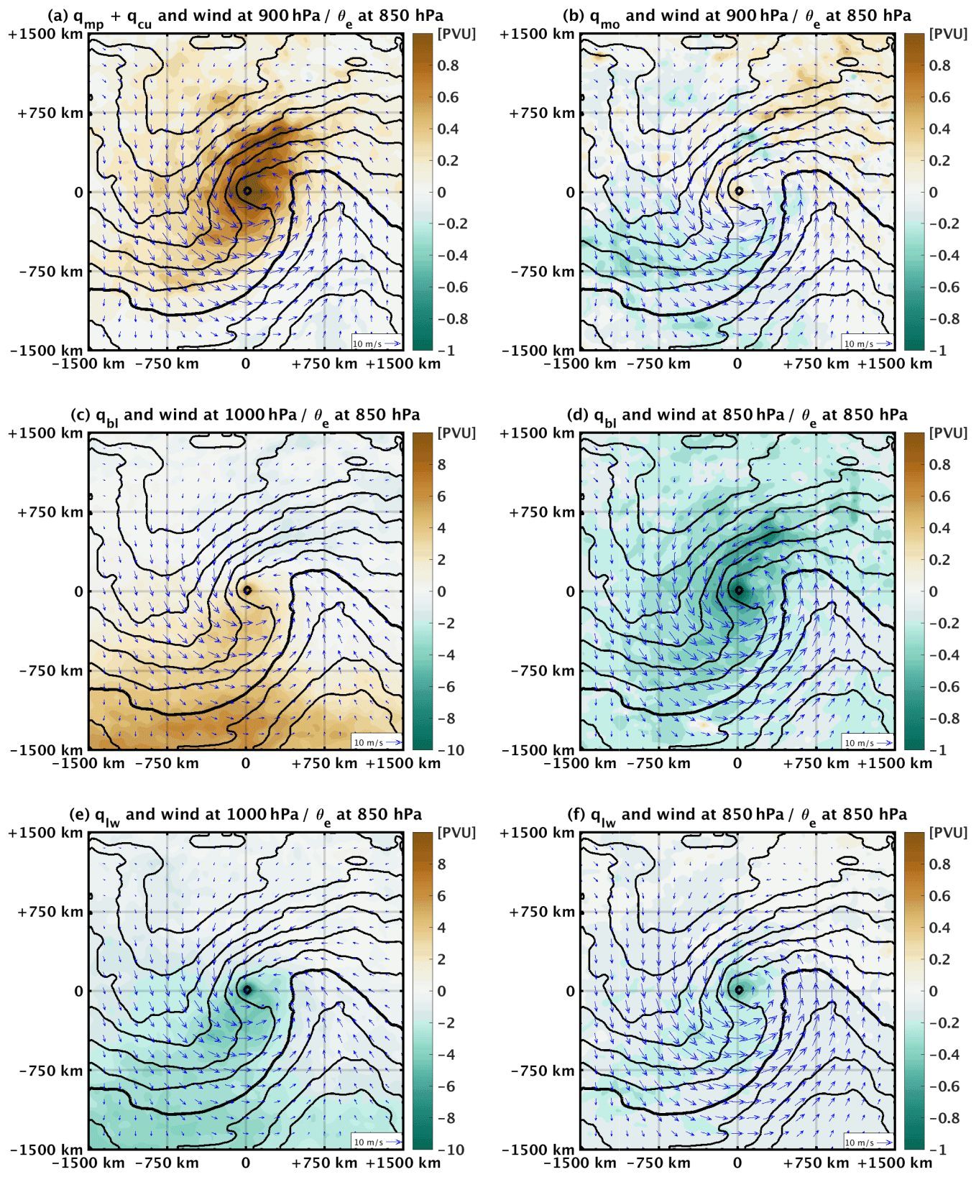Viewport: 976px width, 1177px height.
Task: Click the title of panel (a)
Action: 245,16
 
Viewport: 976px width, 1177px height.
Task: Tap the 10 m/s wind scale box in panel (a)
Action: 376,343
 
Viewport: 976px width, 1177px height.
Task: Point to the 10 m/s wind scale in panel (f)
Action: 867,1142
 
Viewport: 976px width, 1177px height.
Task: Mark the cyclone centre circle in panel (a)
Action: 247,191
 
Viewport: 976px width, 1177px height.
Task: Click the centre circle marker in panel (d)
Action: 738,591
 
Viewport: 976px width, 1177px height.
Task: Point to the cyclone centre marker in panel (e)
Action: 247,989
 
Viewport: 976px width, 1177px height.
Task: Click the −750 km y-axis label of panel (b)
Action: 543,272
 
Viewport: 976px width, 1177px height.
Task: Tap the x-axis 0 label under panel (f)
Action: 737,1163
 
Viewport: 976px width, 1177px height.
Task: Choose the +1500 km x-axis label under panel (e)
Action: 403,1163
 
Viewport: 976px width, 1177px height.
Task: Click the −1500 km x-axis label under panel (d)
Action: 580,763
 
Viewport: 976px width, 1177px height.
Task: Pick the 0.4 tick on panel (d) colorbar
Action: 940,528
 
